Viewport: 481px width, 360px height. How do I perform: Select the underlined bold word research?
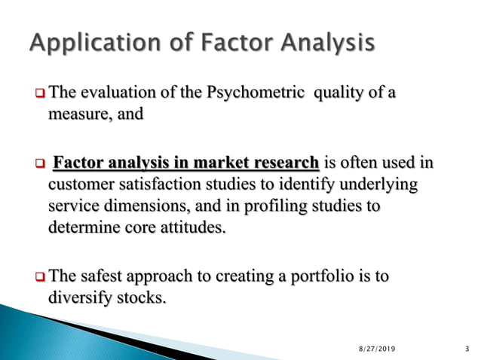(x=281, y=164)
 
